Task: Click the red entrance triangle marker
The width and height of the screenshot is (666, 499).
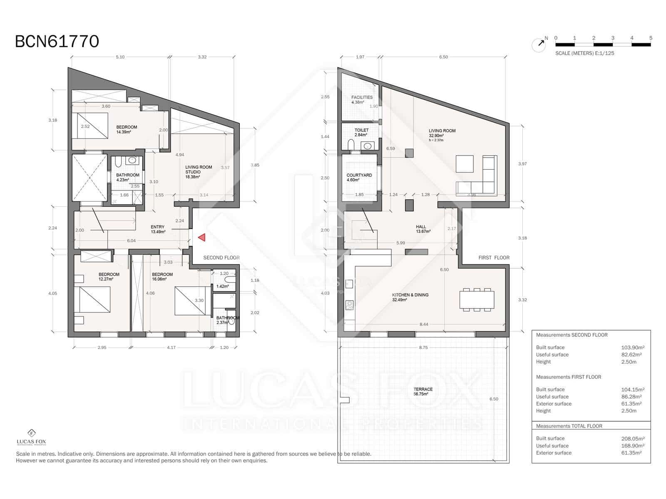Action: pos(202,237)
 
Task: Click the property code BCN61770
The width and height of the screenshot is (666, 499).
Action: pos(57,42)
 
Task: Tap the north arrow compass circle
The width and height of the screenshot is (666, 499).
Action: pos(539,44)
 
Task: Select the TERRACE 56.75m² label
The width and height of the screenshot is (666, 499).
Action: pos(423,391)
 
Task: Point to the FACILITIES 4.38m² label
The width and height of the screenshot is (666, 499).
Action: pos(361,99)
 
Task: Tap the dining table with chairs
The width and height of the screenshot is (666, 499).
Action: pos(477,299)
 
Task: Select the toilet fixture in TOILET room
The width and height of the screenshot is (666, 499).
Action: pos(350,144)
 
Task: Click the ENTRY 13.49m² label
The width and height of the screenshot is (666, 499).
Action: pos(158,229)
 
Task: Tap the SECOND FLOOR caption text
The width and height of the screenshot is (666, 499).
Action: pos(221,257)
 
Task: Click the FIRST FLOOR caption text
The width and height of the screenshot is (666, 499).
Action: pos(494,257)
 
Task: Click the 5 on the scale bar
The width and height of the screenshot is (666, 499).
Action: pos(651,38)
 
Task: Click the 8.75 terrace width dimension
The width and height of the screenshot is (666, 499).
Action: pos(423,347)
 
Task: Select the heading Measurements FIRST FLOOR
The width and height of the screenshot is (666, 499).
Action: pos(568,377)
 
